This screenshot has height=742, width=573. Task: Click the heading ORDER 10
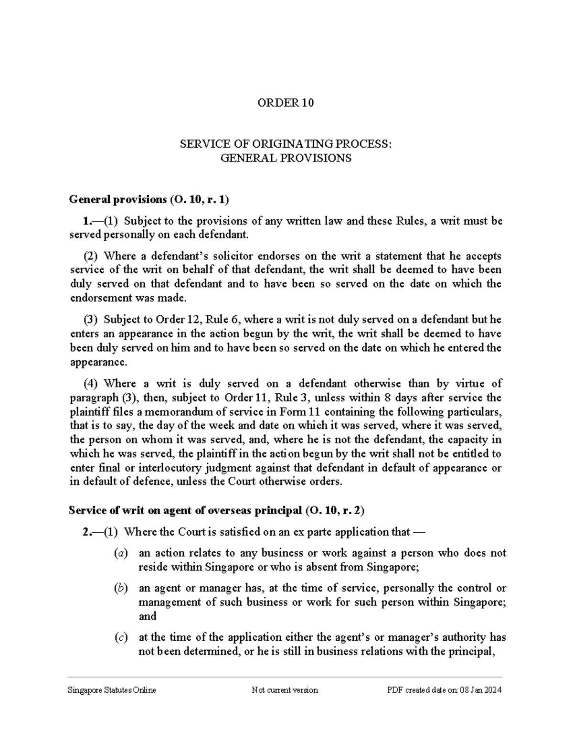pyautogui.click(x=286, y=103)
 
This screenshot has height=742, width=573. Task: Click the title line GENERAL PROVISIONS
pyautogui.click(x=286, y=158)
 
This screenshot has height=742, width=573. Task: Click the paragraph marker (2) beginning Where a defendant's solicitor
pyautogui.click(x=90, y=256)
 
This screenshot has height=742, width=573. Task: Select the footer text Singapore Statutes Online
pyautogui.click(x=112, y=690)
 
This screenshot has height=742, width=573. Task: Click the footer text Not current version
pyautogui.click(x=285, y=690)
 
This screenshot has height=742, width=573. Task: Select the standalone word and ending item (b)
pyautogui.click(x=148, y=616)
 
